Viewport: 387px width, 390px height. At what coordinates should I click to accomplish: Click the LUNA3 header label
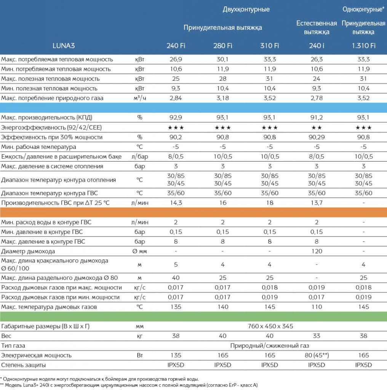point(64,46)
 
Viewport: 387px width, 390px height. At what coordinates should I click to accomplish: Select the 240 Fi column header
point(176,46)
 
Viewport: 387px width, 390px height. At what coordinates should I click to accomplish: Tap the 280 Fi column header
point(222,46)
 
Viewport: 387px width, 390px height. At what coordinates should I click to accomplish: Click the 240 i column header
point(317,46)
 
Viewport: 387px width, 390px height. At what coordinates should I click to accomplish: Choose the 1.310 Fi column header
point(363,46)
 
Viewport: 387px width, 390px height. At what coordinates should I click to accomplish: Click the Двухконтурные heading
point(246,10)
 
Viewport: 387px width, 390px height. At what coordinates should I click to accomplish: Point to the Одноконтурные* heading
point(363,10)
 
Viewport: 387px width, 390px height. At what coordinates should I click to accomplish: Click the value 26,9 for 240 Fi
point(176,59)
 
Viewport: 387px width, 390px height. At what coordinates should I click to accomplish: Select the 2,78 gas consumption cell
point(317,98)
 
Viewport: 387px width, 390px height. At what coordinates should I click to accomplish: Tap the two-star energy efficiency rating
point(317,128)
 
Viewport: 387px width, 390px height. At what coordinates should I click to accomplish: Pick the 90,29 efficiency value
point(317,137)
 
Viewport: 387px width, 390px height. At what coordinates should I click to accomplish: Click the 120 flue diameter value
point(317,251)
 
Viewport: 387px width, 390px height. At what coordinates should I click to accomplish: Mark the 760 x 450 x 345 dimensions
point(270,326)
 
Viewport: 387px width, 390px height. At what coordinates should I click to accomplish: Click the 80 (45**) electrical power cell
point(317,355)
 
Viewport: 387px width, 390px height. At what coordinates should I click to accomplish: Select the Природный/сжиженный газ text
point(270,346)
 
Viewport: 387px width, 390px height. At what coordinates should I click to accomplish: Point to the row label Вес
point(6,336)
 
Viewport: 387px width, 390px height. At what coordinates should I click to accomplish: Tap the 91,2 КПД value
point(317,117)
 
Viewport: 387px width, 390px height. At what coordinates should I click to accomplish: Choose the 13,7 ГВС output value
point(317,203)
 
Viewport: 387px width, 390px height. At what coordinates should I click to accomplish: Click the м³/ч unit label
point(140,98)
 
